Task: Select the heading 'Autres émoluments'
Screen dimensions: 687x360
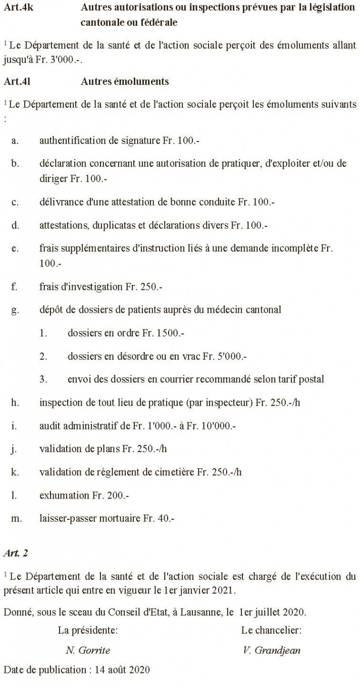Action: click(124, 81)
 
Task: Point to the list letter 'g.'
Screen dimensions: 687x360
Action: click(15, 310)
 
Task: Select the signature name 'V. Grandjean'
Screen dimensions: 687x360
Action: click(272, 650)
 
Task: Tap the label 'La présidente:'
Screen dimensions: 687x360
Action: click(88, 631)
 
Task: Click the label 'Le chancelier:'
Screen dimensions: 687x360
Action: click(272, 631)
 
